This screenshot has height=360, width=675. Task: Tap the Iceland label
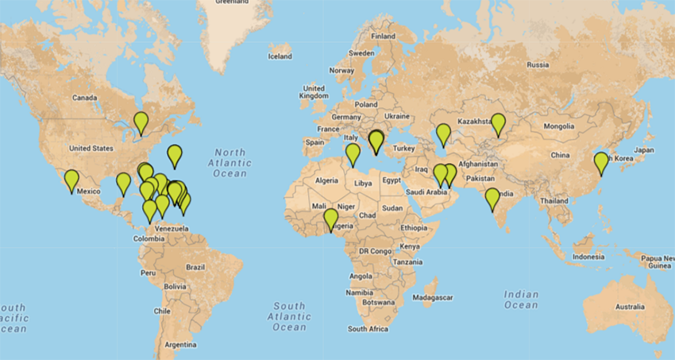[280, 56]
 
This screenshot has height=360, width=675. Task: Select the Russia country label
[538, 64]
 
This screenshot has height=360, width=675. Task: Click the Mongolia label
[559, 126]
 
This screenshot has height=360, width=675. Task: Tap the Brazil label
[195, 267]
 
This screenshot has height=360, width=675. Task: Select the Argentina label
[180, 344]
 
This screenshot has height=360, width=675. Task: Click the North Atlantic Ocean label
[234, 163]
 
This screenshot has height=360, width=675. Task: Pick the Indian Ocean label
[521, 300]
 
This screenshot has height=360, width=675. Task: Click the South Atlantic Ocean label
[289, 316]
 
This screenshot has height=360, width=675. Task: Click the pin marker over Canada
[141, 122]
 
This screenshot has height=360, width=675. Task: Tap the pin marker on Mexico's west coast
[71, 180]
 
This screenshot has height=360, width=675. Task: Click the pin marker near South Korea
[601, 163]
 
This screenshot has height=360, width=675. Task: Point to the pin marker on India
[492, 198]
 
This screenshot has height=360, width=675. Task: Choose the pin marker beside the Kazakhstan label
[498, 124]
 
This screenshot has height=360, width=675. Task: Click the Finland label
[383, 36]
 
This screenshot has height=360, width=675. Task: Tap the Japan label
[643, 149]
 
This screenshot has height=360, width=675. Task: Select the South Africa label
[368, 328]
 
